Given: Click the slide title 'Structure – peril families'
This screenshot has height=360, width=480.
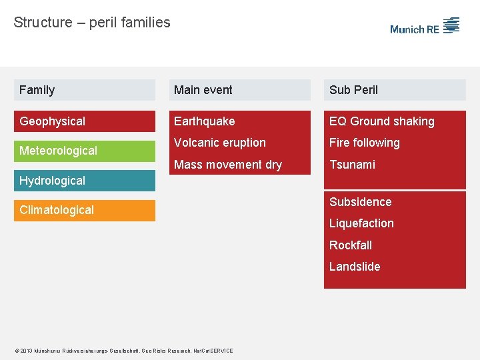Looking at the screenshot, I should coord(92,23).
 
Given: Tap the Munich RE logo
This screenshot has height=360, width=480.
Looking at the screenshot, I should coord(425,27).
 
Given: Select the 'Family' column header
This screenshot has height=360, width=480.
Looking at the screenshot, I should coord(84,90).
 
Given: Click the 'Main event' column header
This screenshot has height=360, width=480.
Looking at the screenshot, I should coord(239,90).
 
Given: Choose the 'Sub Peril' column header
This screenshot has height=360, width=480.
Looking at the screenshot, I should coord(395,90).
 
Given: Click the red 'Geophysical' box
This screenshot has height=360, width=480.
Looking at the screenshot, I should coord(84,121).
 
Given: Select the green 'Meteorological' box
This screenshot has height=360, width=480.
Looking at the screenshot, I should coord(84,151).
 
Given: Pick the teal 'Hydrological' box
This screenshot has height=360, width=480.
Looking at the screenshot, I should coord(84,181).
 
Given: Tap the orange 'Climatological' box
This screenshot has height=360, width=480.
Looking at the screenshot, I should coord(84,210).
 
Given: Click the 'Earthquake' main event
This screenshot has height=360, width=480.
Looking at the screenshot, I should coord(205,121).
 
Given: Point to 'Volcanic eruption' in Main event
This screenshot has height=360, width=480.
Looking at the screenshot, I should coord(220,143).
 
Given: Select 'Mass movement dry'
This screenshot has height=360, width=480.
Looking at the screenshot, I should coord(228,165).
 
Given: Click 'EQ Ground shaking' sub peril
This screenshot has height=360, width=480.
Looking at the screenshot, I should coord(382,121).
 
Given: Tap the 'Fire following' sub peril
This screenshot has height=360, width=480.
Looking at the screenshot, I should coord(365,143).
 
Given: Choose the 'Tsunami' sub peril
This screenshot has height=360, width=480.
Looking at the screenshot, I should coord(352,165).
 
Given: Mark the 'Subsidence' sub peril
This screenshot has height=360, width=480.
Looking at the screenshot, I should coord(361,202).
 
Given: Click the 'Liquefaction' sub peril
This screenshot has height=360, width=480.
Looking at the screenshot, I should coord(361,223).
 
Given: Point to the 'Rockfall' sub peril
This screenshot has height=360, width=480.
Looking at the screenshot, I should coord(351,245).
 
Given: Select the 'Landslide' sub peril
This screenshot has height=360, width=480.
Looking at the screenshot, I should coord(355,267).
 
